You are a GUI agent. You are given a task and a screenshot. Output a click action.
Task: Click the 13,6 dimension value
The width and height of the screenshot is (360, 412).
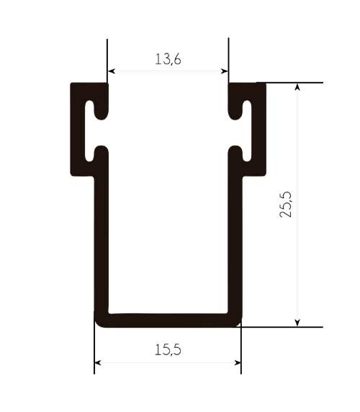coord(168,59)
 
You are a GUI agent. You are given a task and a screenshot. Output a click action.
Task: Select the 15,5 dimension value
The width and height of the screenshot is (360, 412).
coord(168,350)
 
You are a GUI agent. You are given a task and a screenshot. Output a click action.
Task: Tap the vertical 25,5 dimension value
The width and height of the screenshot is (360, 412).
coord(286,205)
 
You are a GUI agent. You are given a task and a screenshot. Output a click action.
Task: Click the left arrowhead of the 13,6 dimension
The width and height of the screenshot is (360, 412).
coord(112,71)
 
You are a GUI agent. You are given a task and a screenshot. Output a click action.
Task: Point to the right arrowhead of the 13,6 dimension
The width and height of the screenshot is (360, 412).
coord(225,71)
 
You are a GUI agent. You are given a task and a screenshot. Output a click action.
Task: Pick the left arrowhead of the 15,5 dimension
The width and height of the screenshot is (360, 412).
coord(98,363)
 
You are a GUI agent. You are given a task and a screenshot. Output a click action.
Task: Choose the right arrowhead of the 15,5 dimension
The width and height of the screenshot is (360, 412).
coord(238,363)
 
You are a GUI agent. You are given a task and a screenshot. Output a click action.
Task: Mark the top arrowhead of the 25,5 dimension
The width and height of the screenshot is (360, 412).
coord(297,87)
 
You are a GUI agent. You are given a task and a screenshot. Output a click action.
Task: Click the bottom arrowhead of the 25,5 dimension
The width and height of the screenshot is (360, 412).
coord(297,323)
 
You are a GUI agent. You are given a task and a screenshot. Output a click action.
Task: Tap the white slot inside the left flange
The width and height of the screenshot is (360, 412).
coord(89,131)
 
